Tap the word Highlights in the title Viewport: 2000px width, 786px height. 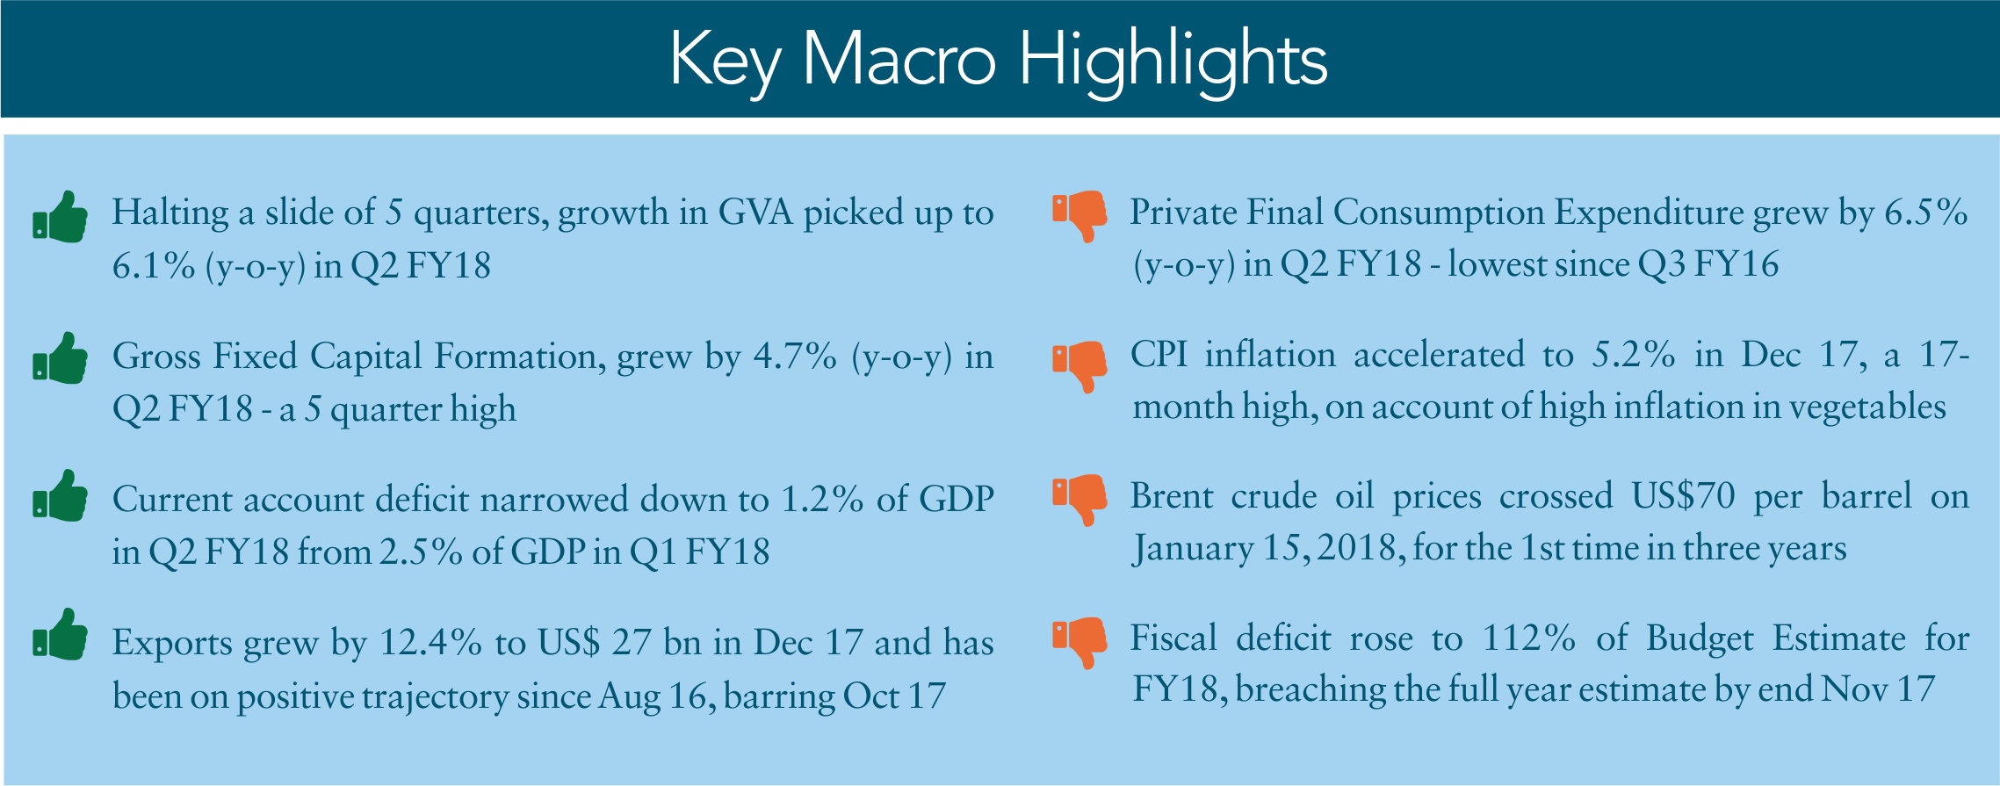tap(1173, 61)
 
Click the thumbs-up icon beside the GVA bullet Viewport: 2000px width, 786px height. tap(60, 216)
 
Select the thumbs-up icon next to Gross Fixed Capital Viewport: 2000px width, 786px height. tap(60, 357)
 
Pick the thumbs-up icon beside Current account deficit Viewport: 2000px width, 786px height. tap(60, 495)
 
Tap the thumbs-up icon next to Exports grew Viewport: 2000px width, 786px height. tap(60, 634)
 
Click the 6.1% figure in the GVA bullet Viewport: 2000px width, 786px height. tap(154, 265)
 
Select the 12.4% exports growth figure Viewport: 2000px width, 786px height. tap(430, 643)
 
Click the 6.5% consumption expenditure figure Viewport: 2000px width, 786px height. tap(1926, 213)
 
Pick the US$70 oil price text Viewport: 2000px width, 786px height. tap(1684, 496)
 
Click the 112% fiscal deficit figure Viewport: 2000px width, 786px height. tap(1529, 638)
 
